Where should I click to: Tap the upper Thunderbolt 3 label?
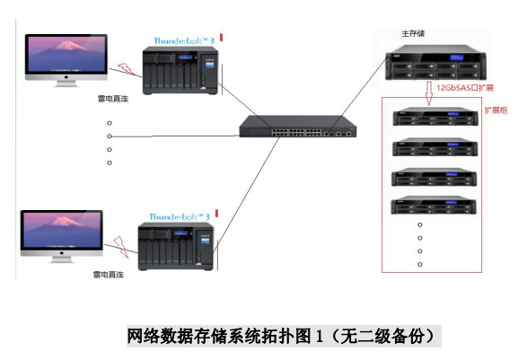(184, 41)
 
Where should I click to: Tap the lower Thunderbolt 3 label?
(180, 216)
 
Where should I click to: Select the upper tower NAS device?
(180, 71)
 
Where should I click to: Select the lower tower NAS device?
(176, 246)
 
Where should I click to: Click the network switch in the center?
(298, 126)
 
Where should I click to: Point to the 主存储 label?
(413, 33)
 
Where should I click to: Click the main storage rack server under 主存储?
(436, 63)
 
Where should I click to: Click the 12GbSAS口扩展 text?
(465, 88)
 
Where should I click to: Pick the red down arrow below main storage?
(429, 93)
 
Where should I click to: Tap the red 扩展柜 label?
(496, 110)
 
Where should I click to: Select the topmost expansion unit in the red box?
(435, 117)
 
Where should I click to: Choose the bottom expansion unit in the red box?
(434, 205)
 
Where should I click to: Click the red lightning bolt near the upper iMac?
(126, 68)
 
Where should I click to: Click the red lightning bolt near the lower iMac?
(121, 247)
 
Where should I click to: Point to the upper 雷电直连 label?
(113, 99)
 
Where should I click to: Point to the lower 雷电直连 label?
(109, 275)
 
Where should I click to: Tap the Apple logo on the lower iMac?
(62, 253)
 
